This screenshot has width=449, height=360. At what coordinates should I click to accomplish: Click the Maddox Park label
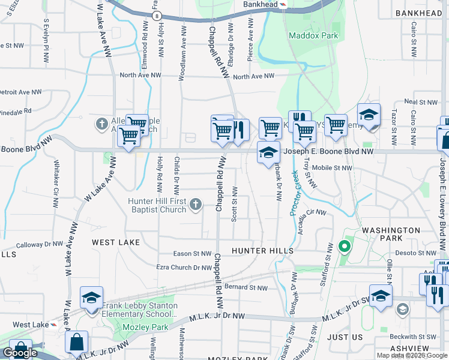pos(313,35)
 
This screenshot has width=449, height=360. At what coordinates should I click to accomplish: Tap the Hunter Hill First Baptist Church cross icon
pos(194,205)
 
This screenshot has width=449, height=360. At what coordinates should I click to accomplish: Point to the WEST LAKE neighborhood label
pos(116,242)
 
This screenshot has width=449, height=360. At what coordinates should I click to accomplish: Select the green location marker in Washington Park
pos(344,246)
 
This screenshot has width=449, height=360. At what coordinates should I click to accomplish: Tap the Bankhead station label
pos(261,4)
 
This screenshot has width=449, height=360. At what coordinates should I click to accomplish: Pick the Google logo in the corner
pos(20,353)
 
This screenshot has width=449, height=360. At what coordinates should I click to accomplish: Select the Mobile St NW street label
pos(332,168)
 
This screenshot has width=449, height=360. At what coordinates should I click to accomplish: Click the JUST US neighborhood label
pos(345,337)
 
